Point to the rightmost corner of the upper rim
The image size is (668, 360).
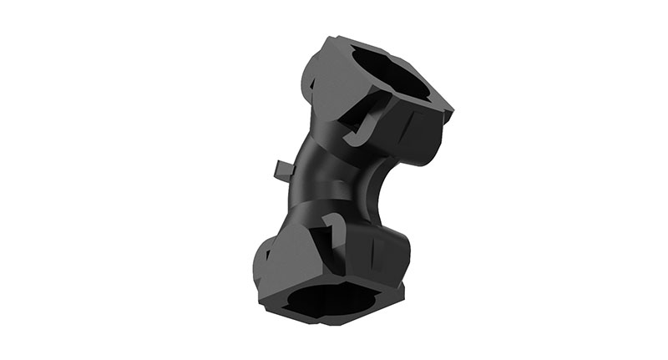[x=451, y=109]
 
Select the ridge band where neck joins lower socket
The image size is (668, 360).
[x=317, y=213]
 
